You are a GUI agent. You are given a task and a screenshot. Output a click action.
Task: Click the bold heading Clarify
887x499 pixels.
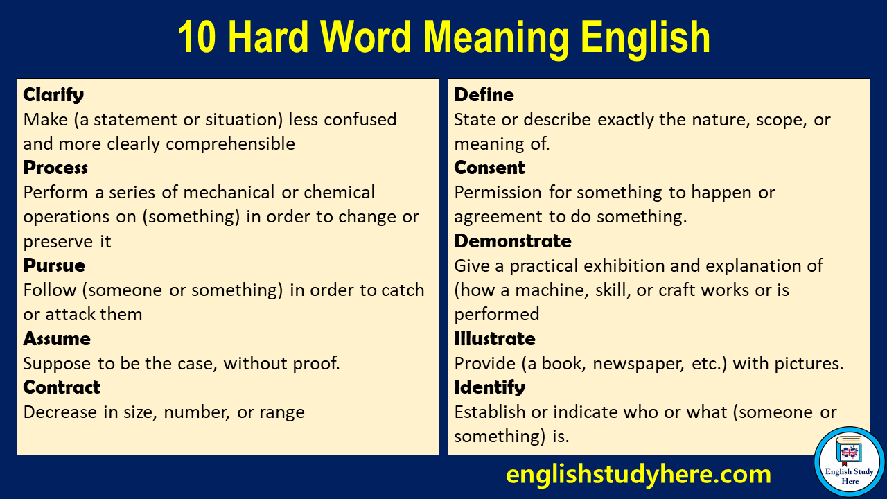pos(53,95)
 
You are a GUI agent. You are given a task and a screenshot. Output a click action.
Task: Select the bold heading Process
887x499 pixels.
pos(55,168)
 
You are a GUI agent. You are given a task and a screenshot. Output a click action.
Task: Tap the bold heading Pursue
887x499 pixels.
pos(54,265)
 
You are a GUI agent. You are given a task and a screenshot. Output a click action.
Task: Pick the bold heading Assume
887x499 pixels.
pos(57,339)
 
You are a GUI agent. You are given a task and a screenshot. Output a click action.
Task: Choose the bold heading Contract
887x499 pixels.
pos(62,387)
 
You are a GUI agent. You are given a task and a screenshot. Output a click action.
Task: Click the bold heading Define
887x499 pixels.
pos(484,95)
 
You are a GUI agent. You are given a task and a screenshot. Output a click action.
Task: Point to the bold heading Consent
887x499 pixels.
pos(489,168)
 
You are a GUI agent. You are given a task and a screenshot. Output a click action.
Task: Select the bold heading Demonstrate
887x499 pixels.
pos(513,241)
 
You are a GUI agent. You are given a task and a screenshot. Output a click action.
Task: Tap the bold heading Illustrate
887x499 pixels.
pos(495,339)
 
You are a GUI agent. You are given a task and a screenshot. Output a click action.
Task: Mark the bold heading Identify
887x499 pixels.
pos(489,387)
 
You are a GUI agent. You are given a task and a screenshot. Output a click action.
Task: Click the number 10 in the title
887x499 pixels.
pos(197,37)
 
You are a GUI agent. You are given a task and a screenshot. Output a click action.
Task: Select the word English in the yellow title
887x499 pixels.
pos(645,38)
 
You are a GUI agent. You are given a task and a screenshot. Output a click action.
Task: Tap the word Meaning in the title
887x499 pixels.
pos(495,38)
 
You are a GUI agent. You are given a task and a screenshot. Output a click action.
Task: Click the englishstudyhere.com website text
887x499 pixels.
pos(638,474)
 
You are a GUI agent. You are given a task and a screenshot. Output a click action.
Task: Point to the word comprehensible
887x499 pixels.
pos(231,143)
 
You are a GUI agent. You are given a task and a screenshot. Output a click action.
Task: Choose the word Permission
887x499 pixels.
pos(498,193)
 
